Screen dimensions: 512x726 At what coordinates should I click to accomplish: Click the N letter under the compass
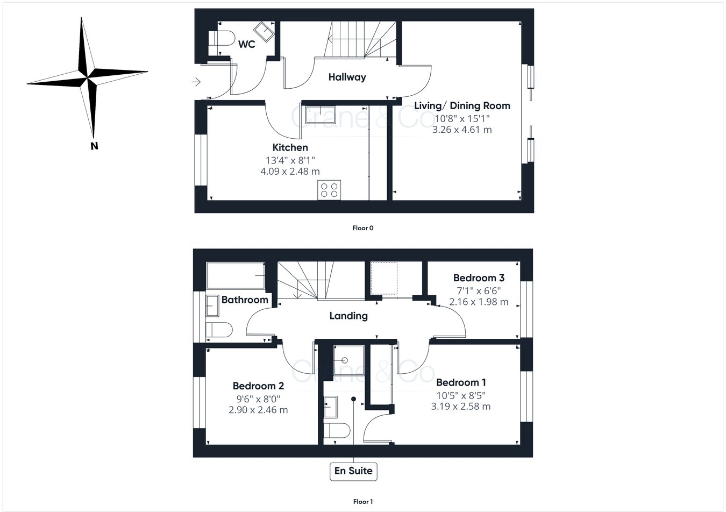pyautogui.click(x=94, y=145)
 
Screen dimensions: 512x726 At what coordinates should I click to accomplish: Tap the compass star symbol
pyautogui.click(x=87, y=76)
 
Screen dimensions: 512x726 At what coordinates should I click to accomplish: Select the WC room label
pyautogui.click(x=247, y=45)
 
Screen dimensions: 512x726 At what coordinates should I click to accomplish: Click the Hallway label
pyautogui.click(x=347, y=77)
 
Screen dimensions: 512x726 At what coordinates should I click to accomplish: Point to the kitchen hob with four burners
pyautogui.click(x=329, y=190)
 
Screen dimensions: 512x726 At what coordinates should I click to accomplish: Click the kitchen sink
pyautogui.click(x=320, y=115)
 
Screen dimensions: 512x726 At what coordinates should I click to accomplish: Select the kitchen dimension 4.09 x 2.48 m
pyautogui.click(x=290, y=172)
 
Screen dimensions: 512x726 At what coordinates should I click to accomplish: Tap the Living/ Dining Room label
pyautogui.click(x=462, y=106)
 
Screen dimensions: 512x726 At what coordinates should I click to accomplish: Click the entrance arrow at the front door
pyautogui.click(x=196, y=82)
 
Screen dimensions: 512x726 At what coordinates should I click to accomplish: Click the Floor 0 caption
pyautogui.click(x=362, y=228)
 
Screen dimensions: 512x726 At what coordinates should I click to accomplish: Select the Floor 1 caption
pyautogui.click(x=362, y=502)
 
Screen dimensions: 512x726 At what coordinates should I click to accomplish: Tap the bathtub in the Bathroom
pyautogui.click(x=236, y=276)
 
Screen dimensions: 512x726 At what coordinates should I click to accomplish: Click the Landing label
pyautogui.click(x=348, y=316)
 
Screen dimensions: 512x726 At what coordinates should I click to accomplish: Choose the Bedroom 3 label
pyautogui.click(x=479, y=278)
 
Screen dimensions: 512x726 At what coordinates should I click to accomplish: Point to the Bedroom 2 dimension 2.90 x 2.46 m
pyautogui.click(x=258, y=410)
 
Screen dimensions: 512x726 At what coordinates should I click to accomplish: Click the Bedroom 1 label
pyautogui.click(x=461, y=382)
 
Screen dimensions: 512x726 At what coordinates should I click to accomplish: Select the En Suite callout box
pyautogui.click(x=353, y=471)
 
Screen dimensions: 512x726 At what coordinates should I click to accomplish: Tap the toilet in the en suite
pyautogui.click(x=336, y=431)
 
